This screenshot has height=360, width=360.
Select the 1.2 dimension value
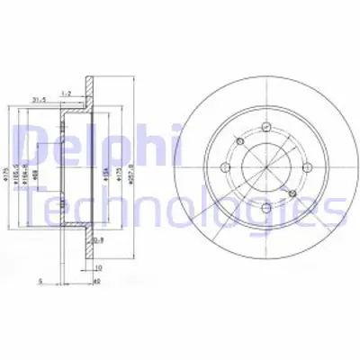coord(66,93)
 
